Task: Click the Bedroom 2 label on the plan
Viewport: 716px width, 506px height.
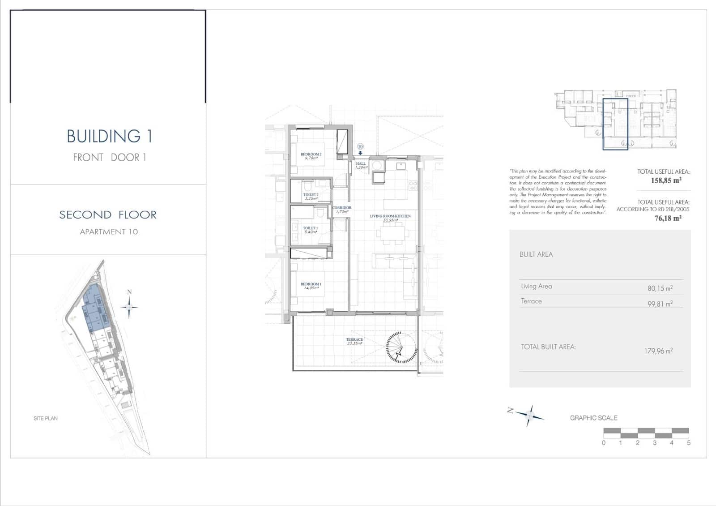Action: [311, 156]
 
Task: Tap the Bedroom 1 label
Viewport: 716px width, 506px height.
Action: [311, 286]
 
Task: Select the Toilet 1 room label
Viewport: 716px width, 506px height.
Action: [310, 230]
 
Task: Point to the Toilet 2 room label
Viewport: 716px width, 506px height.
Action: [311, 196]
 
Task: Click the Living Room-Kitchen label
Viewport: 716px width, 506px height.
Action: [390, 218]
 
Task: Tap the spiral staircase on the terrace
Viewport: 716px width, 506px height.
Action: [401, 347]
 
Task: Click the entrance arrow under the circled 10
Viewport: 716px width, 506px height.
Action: [360, 153]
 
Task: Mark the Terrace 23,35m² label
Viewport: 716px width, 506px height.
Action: [354, 341]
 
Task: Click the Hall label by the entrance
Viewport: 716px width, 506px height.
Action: [361, 165]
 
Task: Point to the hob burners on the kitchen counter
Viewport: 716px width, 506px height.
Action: [413, 185]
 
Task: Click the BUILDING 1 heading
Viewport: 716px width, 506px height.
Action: [109, 137]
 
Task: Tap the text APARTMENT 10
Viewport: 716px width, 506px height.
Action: [109, 232]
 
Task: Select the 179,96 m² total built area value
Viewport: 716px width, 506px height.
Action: [658, 351]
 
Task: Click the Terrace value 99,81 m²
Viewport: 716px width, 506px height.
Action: [660, 304]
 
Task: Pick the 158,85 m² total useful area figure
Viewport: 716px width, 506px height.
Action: [666, 180]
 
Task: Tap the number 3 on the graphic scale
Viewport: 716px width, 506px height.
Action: [655, 443]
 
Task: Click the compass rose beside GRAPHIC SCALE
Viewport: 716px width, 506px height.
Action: [529, 415]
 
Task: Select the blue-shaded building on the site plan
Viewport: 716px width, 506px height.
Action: [95, 309]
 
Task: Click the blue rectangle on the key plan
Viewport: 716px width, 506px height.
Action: [615, 124]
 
